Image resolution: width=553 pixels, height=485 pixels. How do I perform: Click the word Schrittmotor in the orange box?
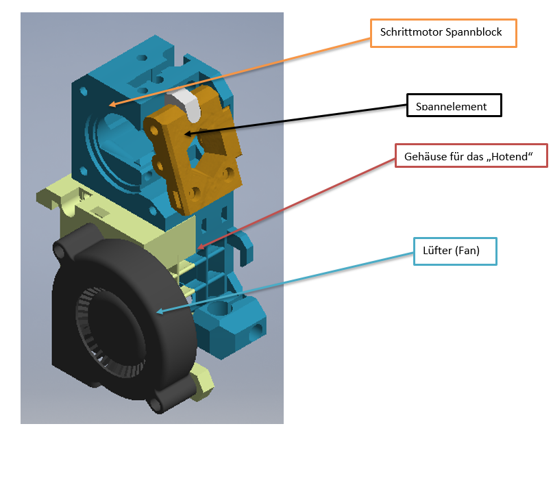pos(411,32)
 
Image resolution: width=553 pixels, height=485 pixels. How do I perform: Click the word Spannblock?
pos(474,32)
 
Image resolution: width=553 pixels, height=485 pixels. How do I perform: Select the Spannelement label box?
pos(454,105)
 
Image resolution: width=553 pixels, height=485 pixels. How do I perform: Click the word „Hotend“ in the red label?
pos(510,156)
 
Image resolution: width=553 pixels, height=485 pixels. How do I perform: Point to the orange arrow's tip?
pos(110,105)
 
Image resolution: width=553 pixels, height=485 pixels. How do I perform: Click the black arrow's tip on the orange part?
pos(185,134)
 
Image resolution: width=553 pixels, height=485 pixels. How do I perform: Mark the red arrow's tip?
pos(198,248)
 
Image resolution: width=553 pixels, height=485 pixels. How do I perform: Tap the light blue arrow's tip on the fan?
pos(157,311)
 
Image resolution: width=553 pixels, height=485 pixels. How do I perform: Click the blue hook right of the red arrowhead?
pos(243,247)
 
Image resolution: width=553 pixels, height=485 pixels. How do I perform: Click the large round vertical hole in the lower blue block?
pos(219,308)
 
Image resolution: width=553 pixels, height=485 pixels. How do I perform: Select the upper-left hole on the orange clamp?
pos(154,131)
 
